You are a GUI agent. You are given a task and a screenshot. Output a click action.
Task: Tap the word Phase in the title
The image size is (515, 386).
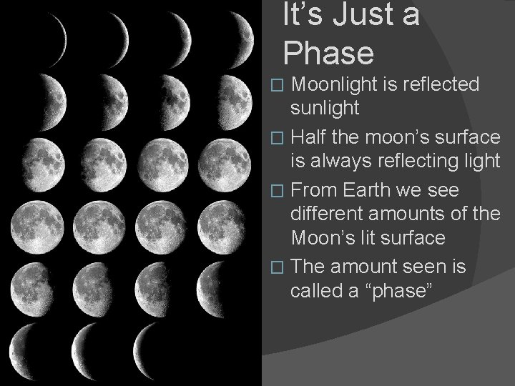click(328, 53)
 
